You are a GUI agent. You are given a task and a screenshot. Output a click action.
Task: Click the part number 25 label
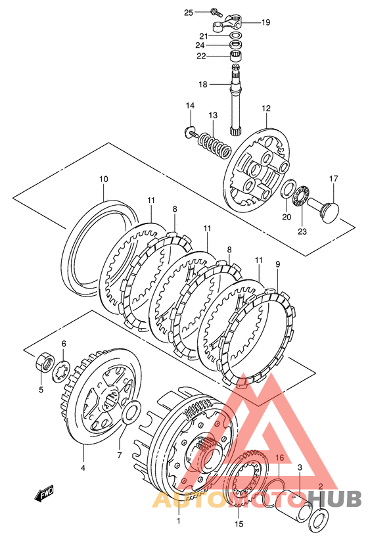click(x=189, y=12)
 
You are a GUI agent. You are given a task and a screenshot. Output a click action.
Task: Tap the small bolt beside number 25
click(x=216, y=12)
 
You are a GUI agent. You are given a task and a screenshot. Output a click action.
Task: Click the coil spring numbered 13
click(x=214, y=145)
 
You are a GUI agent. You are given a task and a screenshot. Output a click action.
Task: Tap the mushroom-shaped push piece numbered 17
click(x=324, y=209)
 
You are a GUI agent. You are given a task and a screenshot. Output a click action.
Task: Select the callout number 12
click(x=266, y=108)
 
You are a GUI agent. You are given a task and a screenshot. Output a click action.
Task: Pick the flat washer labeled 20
click(x=288, y=189)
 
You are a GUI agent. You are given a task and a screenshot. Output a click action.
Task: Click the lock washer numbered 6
click(x=61, y=370)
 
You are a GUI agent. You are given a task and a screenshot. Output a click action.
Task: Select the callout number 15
click(x=239, y=524)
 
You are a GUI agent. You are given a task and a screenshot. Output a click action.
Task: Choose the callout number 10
click(x=103, y=179)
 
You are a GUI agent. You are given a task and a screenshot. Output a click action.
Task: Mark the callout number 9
click(x=278, y=264)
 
